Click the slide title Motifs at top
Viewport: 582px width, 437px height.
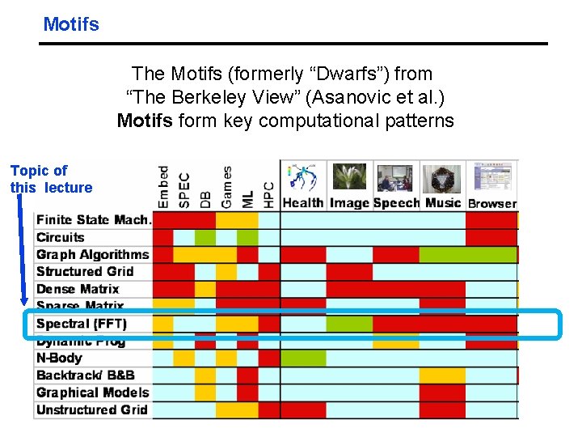(x=71, y=24)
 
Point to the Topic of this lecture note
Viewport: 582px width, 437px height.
(x=50, y=179)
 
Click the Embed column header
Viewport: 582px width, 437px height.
(x=163, y=187)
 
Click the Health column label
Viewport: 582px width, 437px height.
(x=302, y=203)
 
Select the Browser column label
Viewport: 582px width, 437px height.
(x=492, y=204)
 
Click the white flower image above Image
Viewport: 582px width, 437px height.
(x=349, y=177)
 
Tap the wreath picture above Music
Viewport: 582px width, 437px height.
(x=443, y=178)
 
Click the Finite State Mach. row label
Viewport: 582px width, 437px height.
(x=93, y=219)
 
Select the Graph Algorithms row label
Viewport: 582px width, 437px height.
(x=93, y=254)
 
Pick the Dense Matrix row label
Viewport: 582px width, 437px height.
(x=78, y=289)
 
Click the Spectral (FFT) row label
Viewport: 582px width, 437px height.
(x=82, y=324)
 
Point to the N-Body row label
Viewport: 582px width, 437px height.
(x=59, y=358)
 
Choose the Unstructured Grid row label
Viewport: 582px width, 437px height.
(x=92, y=409)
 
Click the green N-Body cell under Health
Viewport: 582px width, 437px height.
(x=303, y=358)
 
